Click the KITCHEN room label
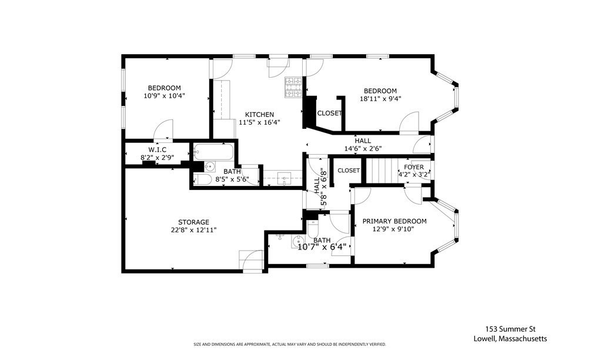259,114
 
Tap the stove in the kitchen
293,87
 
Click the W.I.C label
157,149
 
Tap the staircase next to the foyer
381,170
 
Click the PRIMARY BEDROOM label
394,221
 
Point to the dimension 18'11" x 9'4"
380,99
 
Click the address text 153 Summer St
510,329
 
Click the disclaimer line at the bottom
290,344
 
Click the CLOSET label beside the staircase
349,171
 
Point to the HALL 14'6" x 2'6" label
363,145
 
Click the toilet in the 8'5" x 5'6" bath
202,180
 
